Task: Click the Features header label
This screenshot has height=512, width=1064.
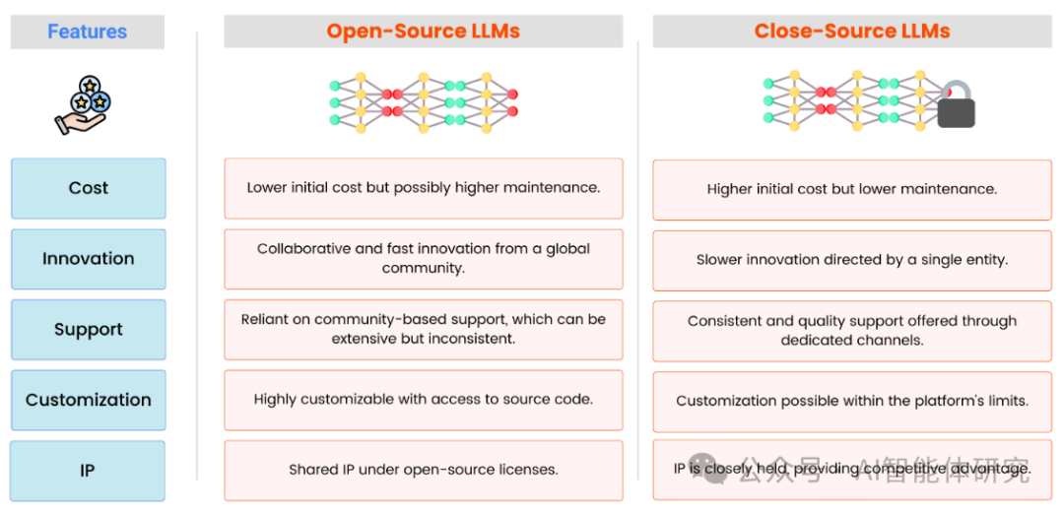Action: pyautogui.click(x=87, y=32)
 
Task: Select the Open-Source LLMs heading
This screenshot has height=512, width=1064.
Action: pyautogui.click(x=424, y=32)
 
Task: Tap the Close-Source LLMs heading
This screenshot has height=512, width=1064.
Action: pyautogui.click(x=851, y=32)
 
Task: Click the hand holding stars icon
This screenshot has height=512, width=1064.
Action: pyautogui.click(x=83, y=104)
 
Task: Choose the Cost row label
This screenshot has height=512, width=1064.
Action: pyautogui.click(x=89, y=188)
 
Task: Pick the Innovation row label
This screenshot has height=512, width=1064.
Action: pyautogui.click(x=89, y=259)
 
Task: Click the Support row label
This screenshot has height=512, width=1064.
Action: pyautogui.click(x=89, y=330)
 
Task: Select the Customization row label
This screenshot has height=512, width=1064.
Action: pyautogui.click(x=89, y=400)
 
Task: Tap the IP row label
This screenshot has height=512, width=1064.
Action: pyautogui.click(x=89, y=471)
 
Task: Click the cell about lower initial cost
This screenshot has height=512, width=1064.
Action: pyautogui.click(x=424, y=188)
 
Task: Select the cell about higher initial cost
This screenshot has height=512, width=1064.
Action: pyautogui.click(x=852, y=190)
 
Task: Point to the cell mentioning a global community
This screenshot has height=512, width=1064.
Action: pyautogui.click(x=424, y=259)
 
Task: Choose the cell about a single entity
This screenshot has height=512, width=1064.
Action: pyautogui.click(x=852, y=260)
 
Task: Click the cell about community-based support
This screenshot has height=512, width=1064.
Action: pyautogui.click(x=424, y=330)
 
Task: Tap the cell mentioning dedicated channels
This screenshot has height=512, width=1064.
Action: pyautogui.click(x=852, y=331)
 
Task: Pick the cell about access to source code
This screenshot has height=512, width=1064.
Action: pyautogui.click(x=424, y=400)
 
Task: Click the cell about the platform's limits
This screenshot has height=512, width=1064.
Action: pyautogui.click(x=852, y=402)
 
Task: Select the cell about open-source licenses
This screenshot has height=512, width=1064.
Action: pyautogui.click(x=424, y=471)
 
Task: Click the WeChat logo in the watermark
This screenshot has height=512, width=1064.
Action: pyautogui.click(x=707, y=470)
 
